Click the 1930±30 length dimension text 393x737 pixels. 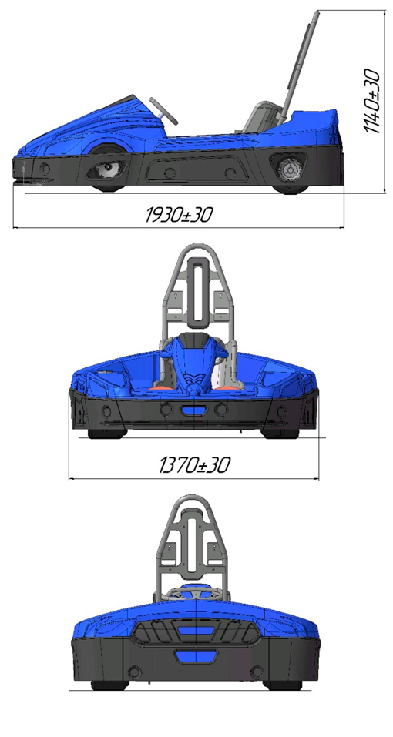179,216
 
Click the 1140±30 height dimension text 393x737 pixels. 372,101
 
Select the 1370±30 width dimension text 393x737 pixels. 194,465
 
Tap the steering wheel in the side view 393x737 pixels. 163,111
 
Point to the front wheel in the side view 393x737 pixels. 109,169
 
